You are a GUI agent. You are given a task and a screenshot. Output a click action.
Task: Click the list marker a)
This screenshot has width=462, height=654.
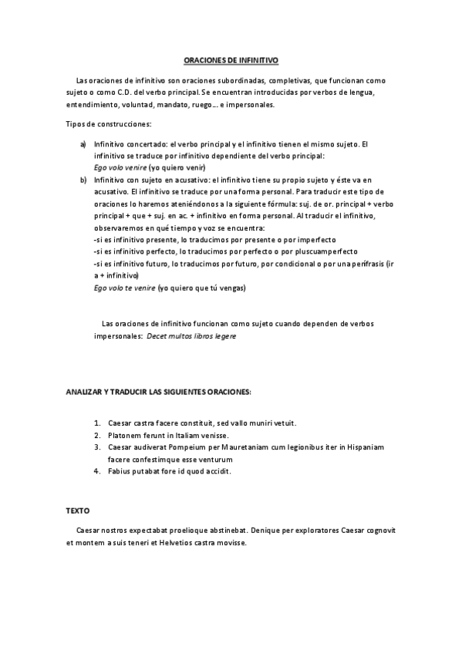tap(83, 144)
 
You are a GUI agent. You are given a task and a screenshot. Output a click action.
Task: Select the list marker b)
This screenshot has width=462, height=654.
tap(83, 180)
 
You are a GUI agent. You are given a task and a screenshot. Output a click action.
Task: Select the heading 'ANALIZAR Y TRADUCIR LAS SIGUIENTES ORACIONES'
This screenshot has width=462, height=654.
tap(159, 393)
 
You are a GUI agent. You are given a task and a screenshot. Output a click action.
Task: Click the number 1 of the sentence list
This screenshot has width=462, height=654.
tap(98, 423)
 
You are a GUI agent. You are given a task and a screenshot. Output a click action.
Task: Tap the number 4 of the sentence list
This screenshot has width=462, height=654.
tap(98, 471)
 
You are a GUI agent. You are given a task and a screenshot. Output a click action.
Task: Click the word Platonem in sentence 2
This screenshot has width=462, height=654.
tap(126, 435)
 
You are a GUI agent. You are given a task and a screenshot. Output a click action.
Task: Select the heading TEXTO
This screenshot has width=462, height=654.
tap(77, 511)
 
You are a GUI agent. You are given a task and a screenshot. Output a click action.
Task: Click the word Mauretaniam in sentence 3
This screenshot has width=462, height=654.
tap(260, 447)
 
